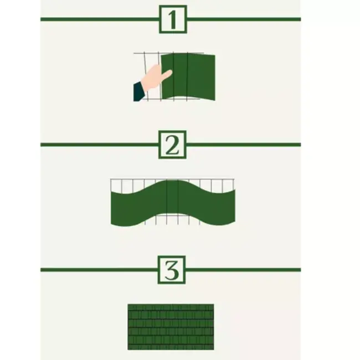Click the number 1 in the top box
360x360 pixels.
pyautogui.click(x=173, y=19)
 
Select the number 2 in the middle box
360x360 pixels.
pyautogui.click(x=173, y=145)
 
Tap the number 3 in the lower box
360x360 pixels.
pyautogui.click(x=173, y=270)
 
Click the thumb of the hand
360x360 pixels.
pyautogui.click(x=164, y=73)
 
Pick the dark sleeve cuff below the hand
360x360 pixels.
pyautogui.click(x=138, y=91)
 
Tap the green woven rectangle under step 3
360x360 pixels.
pyautogui.click(x=171, y=327)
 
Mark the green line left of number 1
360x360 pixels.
pyautogui.click(x=100, y=19)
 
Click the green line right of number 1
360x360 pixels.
pyautogui.click(x=244, y=19)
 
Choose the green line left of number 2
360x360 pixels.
pyautogui.click(x=100, y=145)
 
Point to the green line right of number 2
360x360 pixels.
pyautogui.click(x=244, y=145)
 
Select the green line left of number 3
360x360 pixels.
pyautogui.click(x=100, y=270)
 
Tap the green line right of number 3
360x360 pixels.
pyautogui.click(x=244, y=270)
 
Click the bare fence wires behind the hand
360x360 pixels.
pyautogui.click(x=145, y=60)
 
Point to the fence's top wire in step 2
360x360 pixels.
pyautogui.click(x=138, y=179)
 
